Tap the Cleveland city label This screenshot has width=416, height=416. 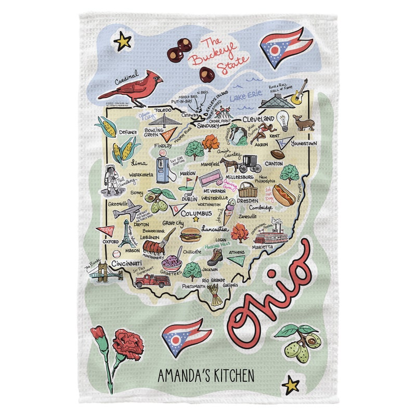click(258, 119)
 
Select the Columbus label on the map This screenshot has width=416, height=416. click(196, 213)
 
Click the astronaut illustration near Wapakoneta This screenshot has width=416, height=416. click(111, 178)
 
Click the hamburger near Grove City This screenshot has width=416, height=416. click(190, 235)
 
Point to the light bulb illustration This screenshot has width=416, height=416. click(283, 121)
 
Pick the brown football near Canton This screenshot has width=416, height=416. click(278, 154)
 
